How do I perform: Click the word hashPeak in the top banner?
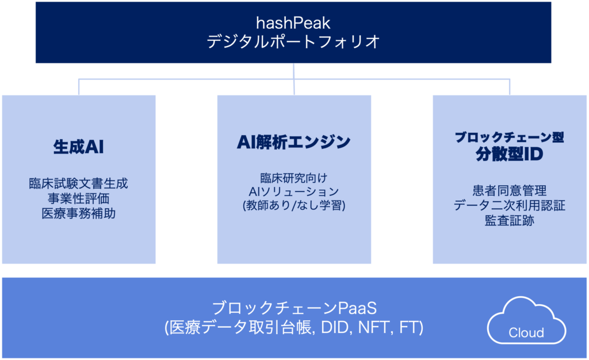(x=293, y=23)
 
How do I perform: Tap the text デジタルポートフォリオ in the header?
(x=293, y=41)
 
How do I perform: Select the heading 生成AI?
(x=78, y=147)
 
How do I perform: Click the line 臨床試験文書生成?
(x=78, y=183)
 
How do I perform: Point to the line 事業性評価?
(x=78, y=198)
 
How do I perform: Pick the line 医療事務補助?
(x=78, y=213)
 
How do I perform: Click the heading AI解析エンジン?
(x=294, y=142)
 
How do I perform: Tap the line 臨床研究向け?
(x=294, y=178)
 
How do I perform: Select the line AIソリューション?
(x=294, y=192)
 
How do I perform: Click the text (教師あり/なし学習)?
(x=294, y=206)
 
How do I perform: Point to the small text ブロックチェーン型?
(x=510, y=137)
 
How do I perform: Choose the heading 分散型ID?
(x=510, y=154)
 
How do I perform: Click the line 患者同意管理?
(x=510, y=191)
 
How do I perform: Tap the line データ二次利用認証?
(x=510, y=206)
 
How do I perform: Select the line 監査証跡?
(x=510, y=221)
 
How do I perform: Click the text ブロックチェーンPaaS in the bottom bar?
(x=294, y=309)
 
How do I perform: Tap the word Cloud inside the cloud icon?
(x=526, y=332)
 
